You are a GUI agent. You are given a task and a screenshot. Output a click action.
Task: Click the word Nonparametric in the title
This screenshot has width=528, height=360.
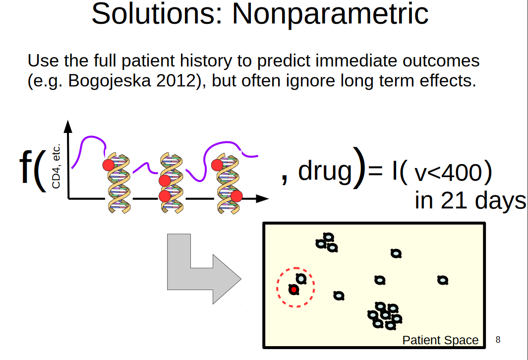[x=330, y=14]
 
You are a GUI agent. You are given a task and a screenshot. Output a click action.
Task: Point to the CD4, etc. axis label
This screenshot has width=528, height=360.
[x=56, y=166]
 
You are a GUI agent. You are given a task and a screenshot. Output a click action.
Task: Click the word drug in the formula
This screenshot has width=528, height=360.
[x=325, y=171]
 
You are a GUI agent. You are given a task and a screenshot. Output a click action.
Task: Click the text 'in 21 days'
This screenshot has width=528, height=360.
[x=470, y=201]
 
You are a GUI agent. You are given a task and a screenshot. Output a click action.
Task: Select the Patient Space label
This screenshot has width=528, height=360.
[x=440, y=340]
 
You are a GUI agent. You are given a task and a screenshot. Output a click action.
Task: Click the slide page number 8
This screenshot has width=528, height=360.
[x=498, y=340]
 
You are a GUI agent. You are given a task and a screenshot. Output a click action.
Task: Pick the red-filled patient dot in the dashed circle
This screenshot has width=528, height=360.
[x=293, y=289]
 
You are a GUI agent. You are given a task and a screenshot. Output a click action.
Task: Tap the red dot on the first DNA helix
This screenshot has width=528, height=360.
[x=109, y=165]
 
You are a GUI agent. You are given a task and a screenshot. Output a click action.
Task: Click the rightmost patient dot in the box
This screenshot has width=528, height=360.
[x=442, y=280]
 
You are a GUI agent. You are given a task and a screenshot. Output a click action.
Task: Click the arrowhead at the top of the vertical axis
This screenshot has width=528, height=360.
[x=68, y=126]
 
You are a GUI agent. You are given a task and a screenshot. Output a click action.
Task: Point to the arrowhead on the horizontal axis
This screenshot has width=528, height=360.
[x=262, y=199]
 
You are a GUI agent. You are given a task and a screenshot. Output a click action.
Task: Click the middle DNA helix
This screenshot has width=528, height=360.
[x=172, y=182]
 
